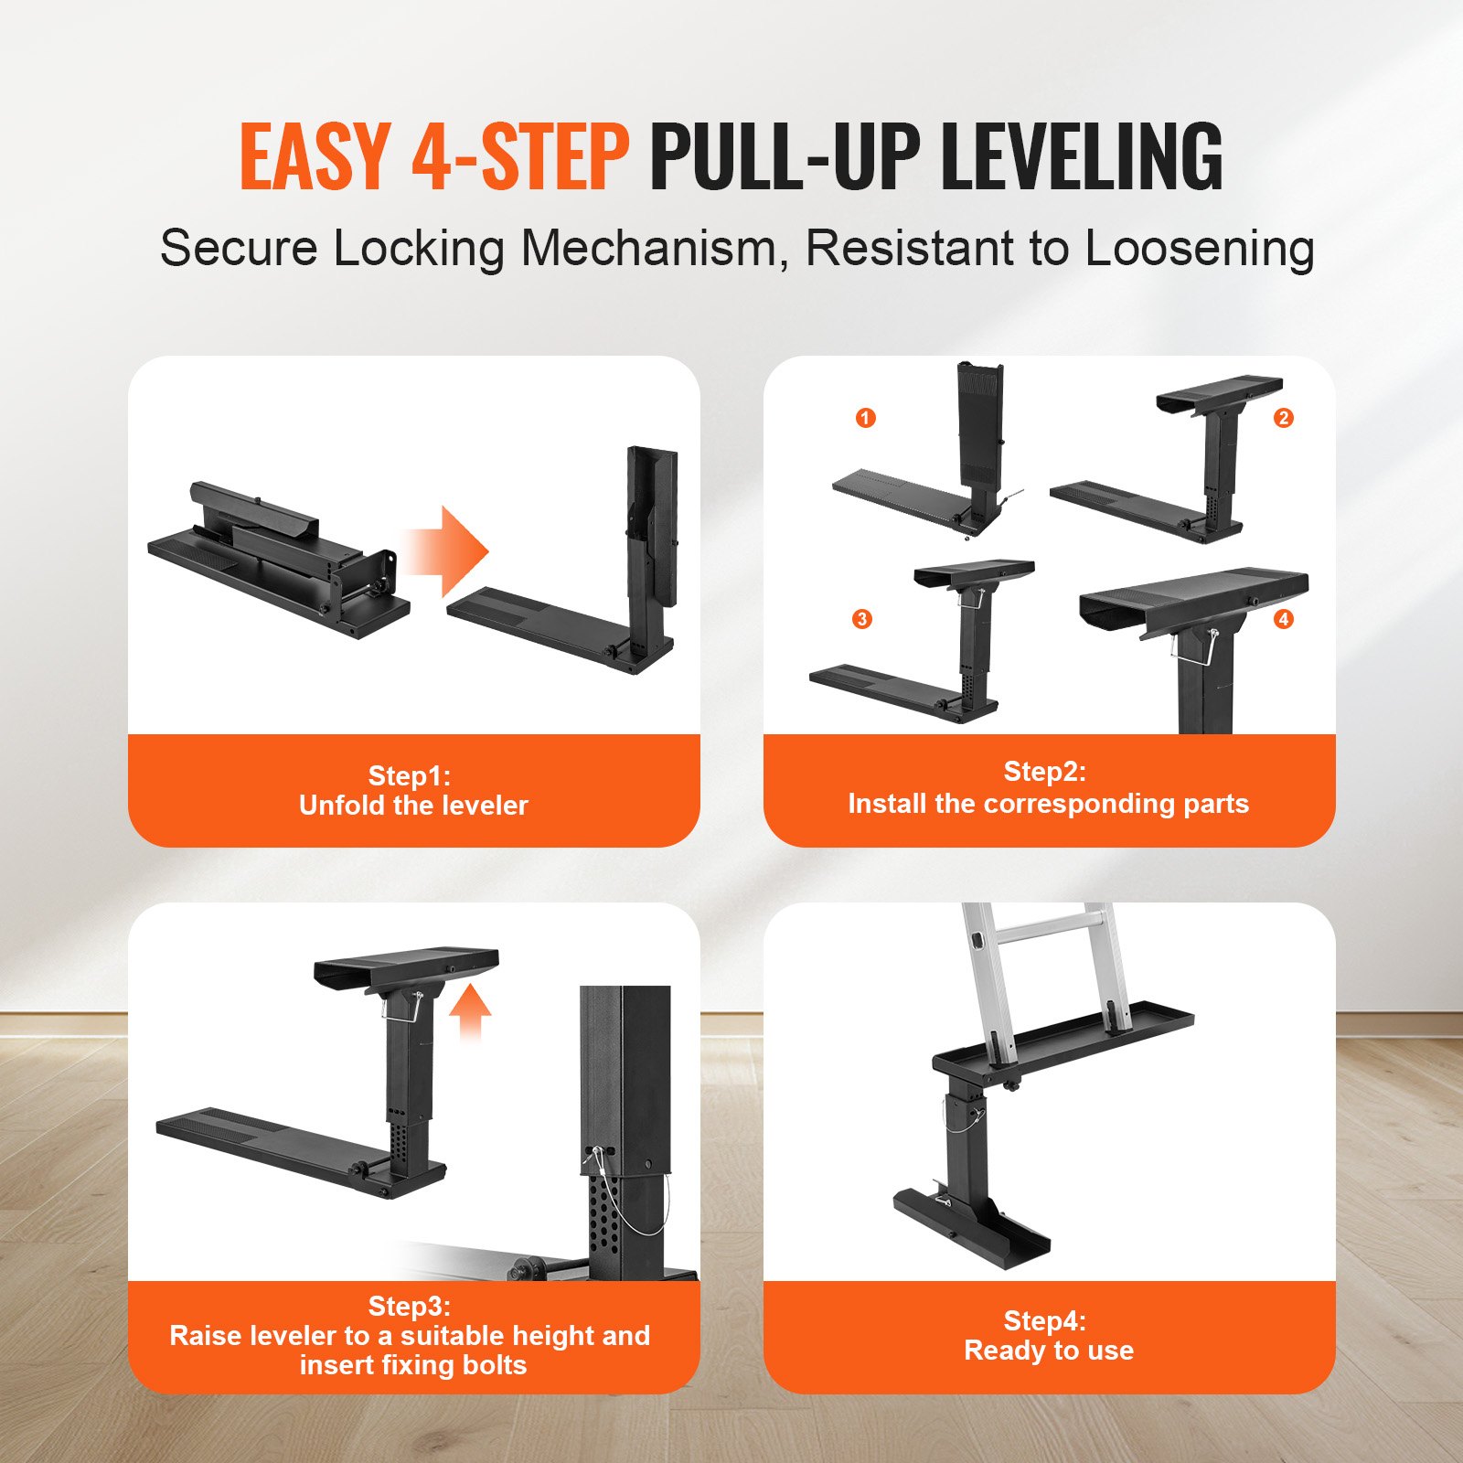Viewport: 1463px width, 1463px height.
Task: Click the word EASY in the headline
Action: coord(315,156)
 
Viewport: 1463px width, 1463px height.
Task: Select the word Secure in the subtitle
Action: coord(239,249)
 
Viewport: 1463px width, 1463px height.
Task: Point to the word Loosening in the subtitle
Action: coord(1200,249)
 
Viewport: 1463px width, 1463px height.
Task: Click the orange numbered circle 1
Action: coord(865,418)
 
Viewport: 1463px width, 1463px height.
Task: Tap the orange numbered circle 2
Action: coord(1283,418)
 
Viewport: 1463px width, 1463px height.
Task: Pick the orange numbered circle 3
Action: coord(861,619)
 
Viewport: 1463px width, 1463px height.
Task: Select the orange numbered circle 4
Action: coord(1283,619)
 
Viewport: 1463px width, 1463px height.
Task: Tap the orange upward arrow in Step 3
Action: coord(470,1009)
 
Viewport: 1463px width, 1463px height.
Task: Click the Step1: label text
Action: coord(409,775)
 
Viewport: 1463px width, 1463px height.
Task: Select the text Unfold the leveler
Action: coord(413,806)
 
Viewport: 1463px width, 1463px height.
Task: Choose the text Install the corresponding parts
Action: coord(1048,804)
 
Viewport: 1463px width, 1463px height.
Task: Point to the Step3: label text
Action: coord(409,1306)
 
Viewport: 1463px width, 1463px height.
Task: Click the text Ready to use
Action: coord(1048,1351)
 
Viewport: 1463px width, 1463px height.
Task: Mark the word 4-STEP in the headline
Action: coord(520,156)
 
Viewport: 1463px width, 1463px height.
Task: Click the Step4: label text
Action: coord(1044,1320)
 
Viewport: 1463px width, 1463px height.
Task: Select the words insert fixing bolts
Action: coord(413,1365)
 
